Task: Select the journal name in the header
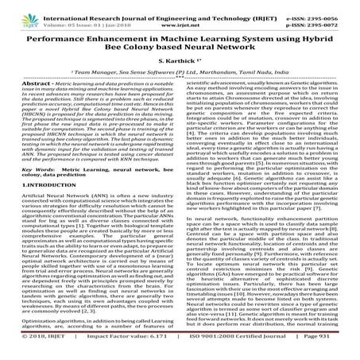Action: point(179,7)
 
